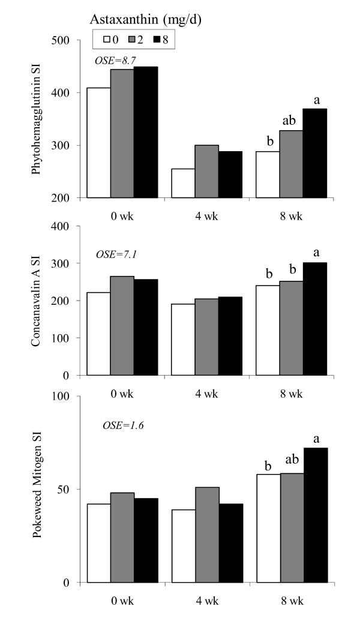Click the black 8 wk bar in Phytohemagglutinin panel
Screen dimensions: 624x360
[x=315, y=153]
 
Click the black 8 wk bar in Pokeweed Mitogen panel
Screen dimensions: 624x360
[x=315, y=515]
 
